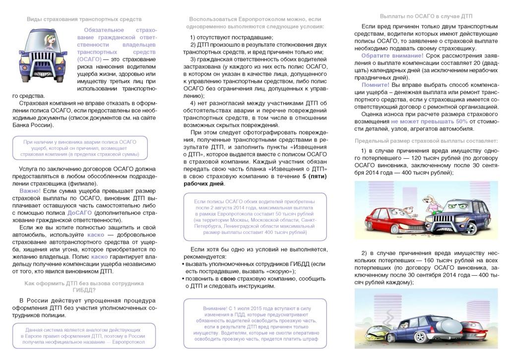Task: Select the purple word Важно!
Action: pos(30,191)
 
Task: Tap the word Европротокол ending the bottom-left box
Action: pos(128,342)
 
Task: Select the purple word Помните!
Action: pos(375,85)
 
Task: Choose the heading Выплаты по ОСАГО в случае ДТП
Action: pos(426,16)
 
